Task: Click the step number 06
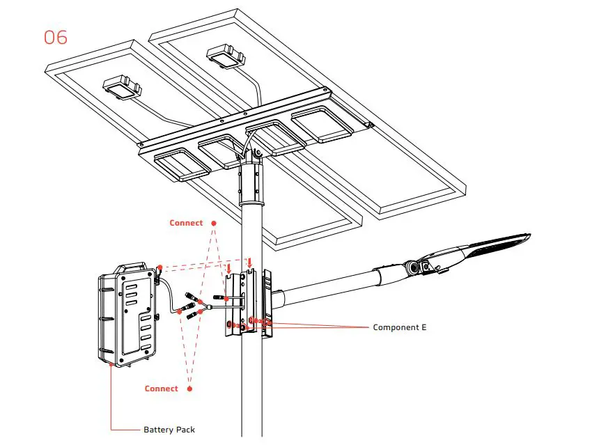point(56,37)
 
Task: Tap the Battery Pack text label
point(169,430)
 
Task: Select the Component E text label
point(399,327)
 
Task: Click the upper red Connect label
point(186,223)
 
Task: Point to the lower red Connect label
point(161,389)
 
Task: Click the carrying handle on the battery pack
point(130,267)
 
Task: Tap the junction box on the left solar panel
point(123,87)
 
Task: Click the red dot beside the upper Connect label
point(214,224)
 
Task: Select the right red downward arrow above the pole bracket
point(249,262)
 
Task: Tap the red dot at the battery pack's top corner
point(160,267)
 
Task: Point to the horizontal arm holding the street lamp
point(327,283)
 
